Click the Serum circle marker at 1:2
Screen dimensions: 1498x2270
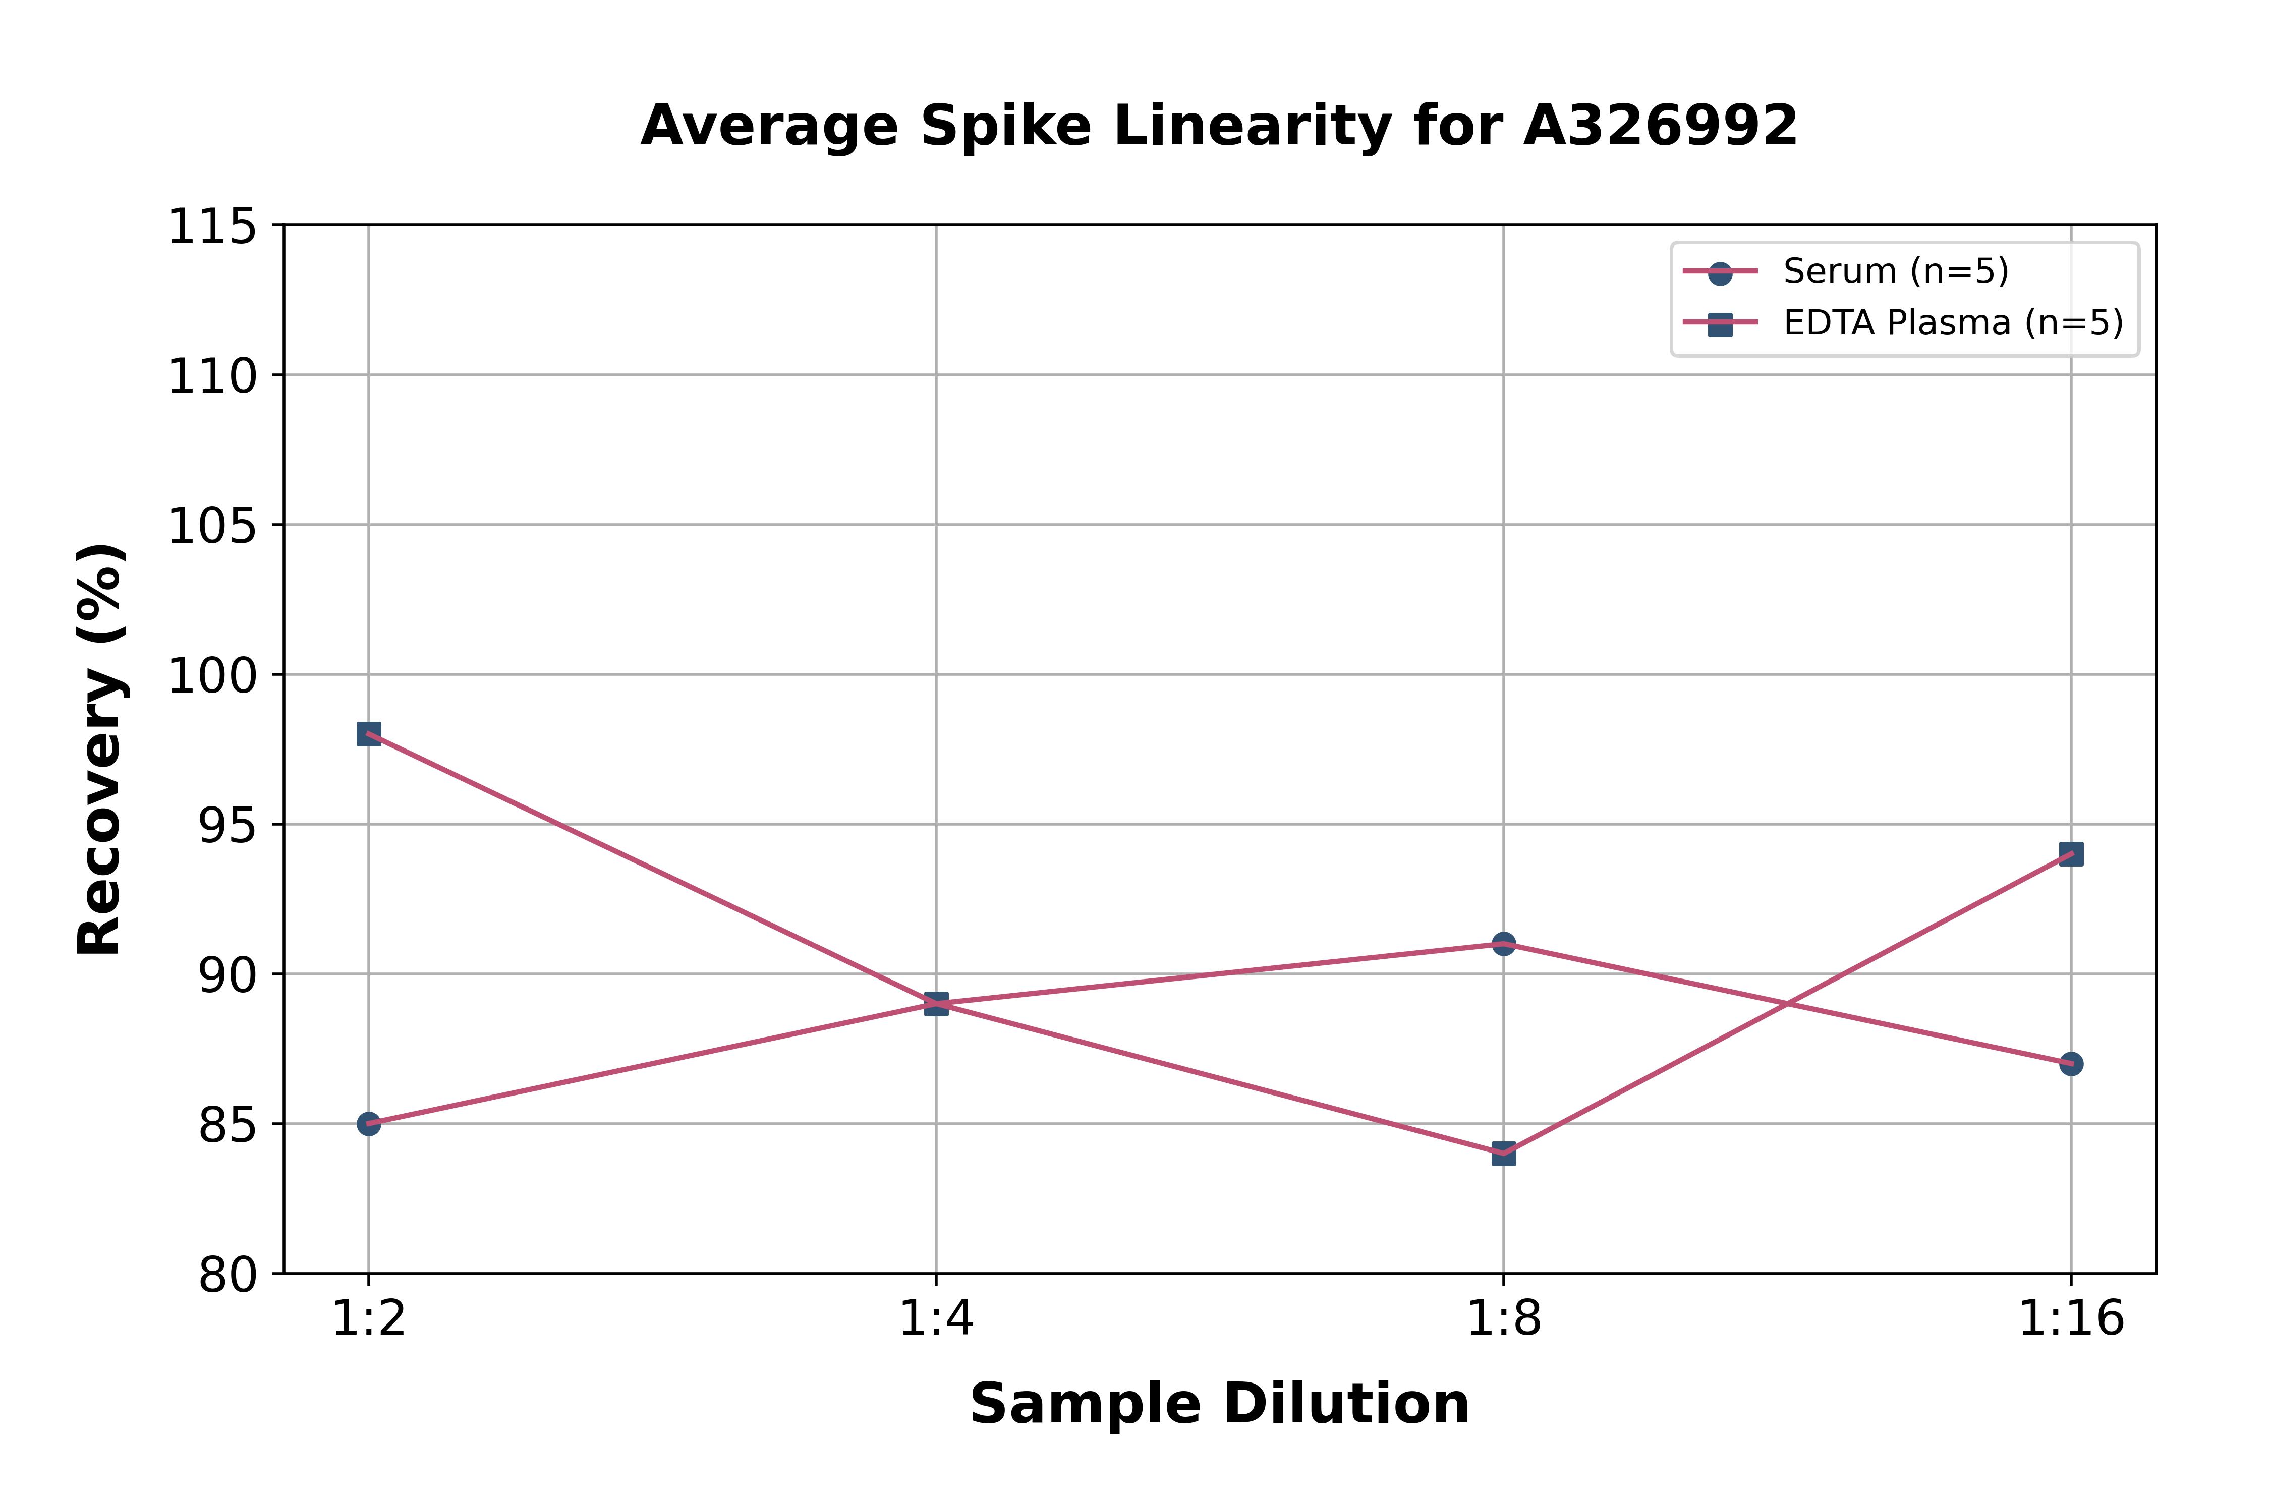(x=369, y=1124)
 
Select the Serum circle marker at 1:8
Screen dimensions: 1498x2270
(x=1504, y=944)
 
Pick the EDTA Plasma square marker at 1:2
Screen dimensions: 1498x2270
(x=369, y=734)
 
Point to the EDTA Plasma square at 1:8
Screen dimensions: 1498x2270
(x=1504, y=1153)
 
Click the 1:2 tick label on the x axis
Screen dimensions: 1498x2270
(x=369, y=1319)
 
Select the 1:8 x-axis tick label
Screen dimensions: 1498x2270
(x=1504, y=1319)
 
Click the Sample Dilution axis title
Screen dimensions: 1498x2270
(x=1219, y=1403)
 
